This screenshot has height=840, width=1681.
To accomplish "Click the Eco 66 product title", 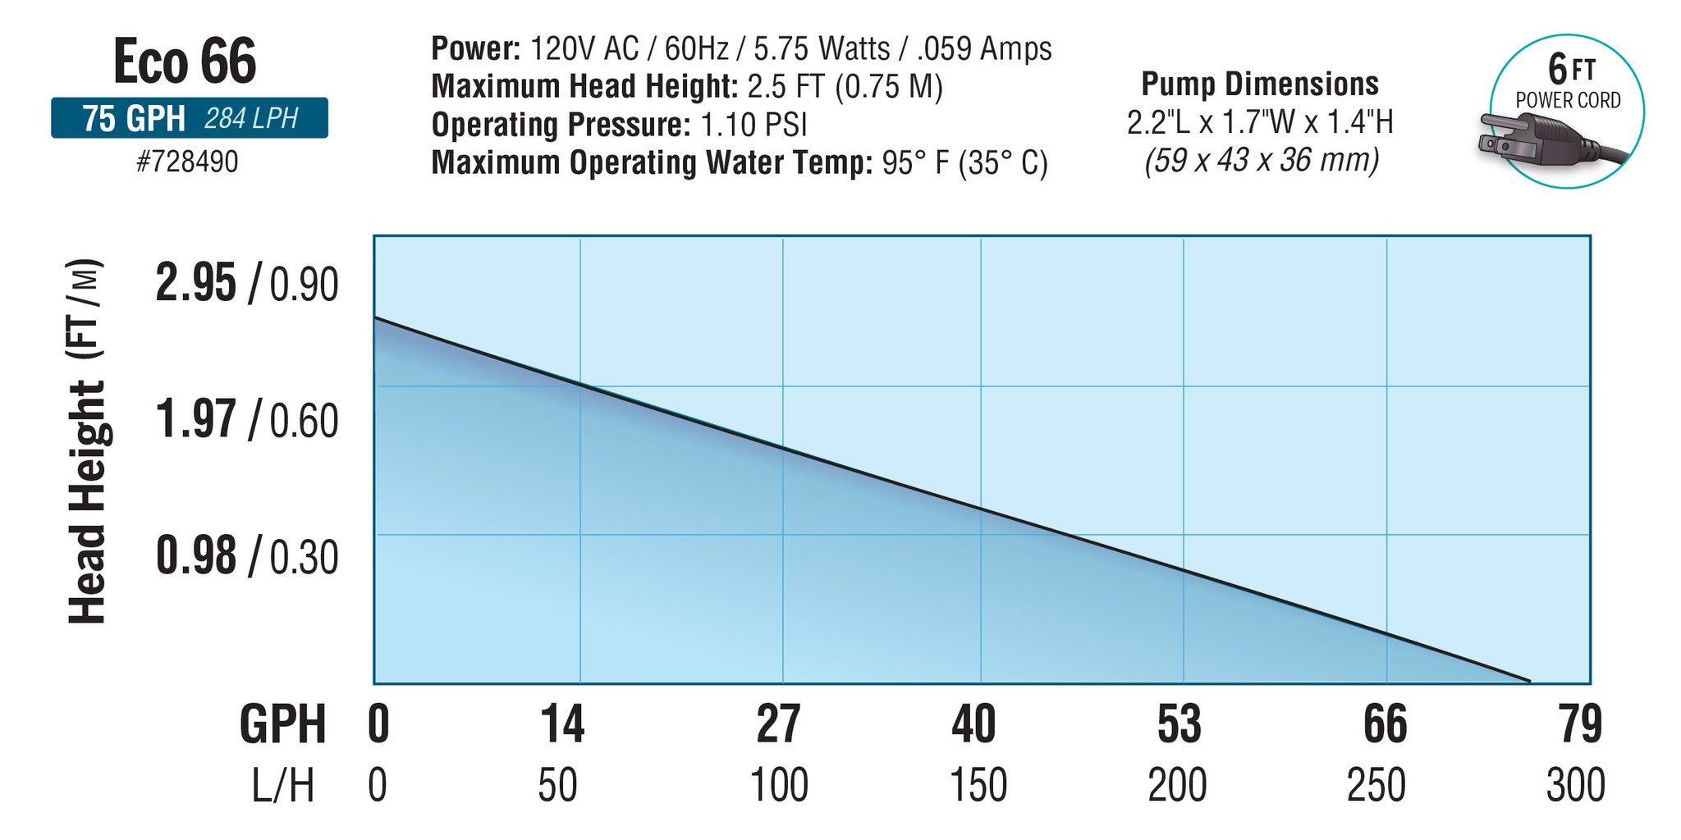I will click(185, 62).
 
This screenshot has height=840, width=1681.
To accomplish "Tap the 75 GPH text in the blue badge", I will click(133, 119).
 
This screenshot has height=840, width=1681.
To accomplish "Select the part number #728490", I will click(187, 162).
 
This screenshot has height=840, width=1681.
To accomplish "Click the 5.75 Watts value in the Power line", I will click(821, 49).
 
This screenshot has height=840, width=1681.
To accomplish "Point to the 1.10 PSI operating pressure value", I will click(753, 125).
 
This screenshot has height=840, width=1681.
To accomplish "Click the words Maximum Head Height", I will click(584, 87).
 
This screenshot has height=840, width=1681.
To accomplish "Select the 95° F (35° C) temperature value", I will click(964, 162).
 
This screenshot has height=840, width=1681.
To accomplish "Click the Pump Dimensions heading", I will click(1260, 84).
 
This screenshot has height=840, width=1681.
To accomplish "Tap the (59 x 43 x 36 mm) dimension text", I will click(1262, 160).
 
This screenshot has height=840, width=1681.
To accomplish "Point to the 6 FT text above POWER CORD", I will click(1570, 69).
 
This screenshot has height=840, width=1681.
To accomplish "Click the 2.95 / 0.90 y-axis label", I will click(246, 285).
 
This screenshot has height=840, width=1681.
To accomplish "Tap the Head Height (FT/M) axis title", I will click(86, 443).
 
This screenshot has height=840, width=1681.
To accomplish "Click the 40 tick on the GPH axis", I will click(973, 724).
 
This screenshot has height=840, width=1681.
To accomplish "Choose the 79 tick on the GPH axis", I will click(1580, 724).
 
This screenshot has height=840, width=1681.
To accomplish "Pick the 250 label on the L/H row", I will click(1376, 785).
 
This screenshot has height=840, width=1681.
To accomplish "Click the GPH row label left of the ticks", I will click(282, 724).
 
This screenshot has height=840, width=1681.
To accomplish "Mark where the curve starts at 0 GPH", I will click(375, 317).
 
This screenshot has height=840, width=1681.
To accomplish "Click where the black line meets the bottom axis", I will click(1529, 681).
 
